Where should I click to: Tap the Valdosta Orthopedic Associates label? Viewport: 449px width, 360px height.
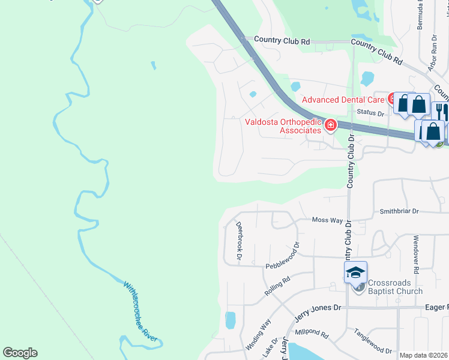tap(283, 125)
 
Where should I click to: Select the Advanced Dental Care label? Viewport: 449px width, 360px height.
tap(343, 99)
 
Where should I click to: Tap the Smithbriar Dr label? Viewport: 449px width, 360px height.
tap(399, 212)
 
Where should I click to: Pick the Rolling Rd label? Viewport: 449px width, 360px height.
tap(277, 286)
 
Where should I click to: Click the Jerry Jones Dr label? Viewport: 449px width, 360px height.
tap(318, 308)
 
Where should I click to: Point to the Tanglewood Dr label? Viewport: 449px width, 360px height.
tap(372, 340)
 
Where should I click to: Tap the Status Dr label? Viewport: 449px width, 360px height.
tap(370, 113)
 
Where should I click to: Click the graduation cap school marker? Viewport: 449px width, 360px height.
tap(355, 273)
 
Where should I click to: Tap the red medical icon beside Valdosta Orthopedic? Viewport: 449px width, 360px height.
tap(330, 125)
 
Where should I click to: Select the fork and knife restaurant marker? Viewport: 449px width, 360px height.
tap(439, 111)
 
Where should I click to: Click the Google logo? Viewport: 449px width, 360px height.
tap(20, 353)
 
